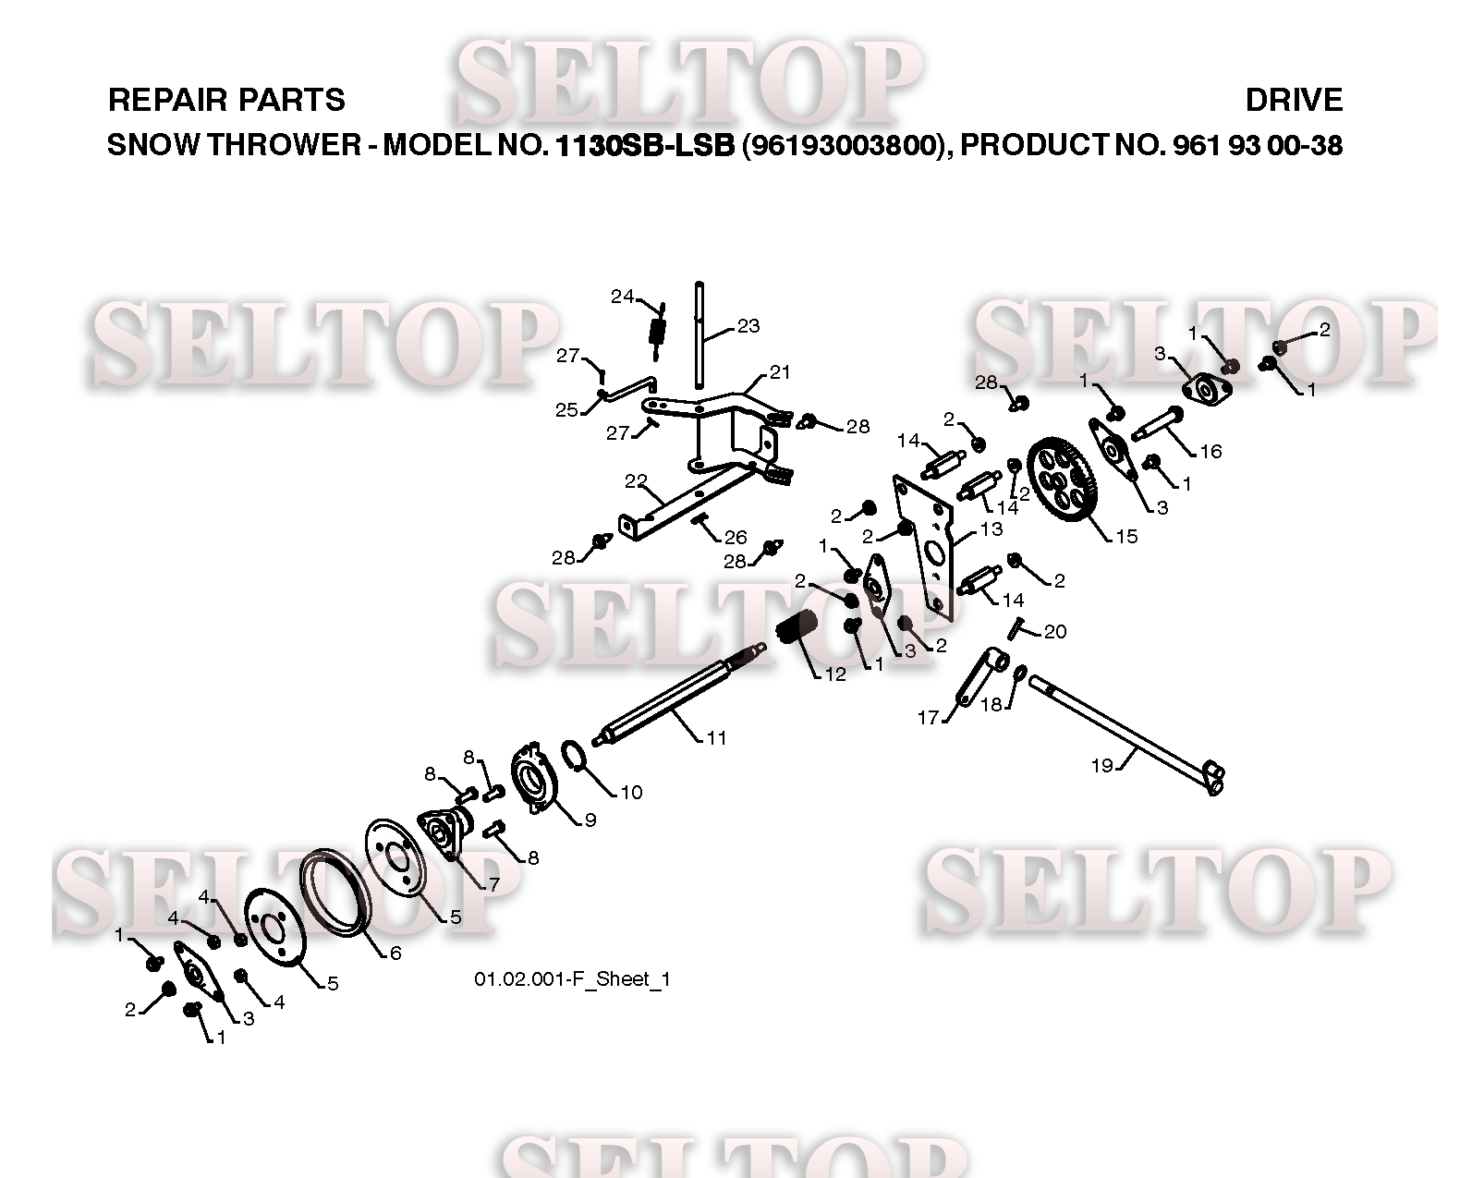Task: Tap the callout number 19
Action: click(1102, 766)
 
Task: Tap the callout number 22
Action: click(635, 481)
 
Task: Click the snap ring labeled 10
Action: click(575, 755)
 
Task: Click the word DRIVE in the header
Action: click(1294, 100)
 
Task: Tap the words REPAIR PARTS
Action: click(226, 100)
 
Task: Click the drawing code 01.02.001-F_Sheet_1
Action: click(572, 979)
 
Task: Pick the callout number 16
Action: click(1210, 451)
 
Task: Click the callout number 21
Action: click(780, 372)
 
